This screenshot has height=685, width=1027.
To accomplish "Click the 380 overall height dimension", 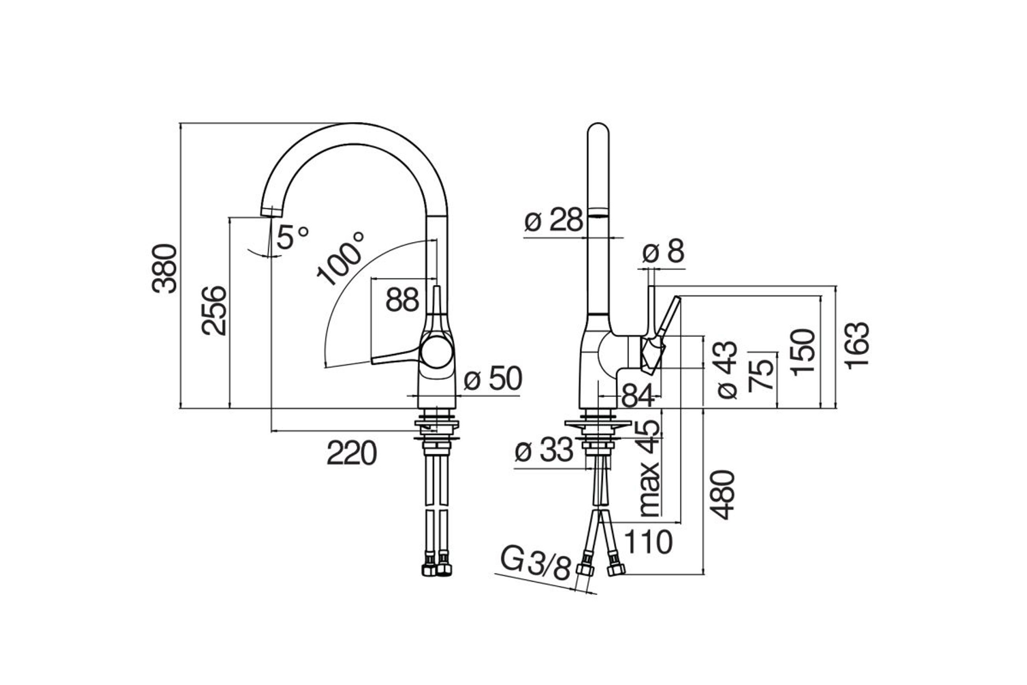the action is [164, 268].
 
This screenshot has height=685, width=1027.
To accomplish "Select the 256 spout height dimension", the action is [214, 311].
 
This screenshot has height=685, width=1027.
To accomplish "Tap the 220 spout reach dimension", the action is [351, 453].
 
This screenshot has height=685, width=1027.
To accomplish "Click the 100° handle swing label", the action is [340, 259].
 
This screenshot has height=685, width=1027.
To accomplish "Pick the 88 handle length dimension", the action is [402, 300].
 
